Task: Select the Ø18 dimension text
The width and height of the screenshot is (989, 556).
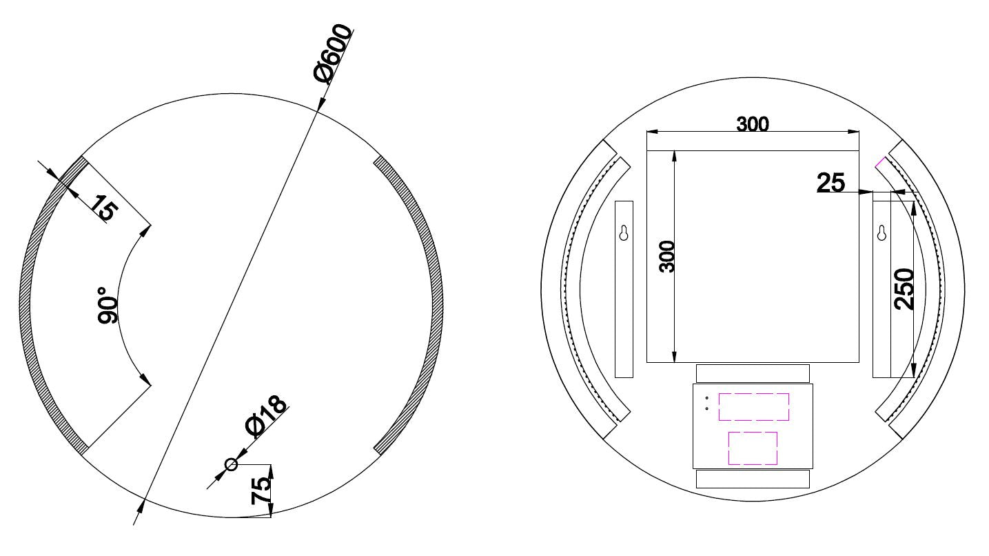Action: click(x=266, y=417)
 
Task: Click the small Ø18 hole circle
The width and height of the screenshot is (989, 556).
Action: click(x=232, y=464)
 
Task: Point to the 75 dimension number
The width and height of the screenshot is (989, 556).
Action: click(x=261, y=491)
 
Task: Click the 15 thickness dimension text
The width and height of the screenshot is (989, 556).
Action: click(x=103, y=208)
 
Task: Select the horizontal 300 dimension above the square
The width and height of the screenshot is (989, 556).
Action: click(x=753, y=124)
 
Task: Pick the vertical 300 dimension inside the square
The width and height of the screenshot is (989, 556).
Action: click(x=666, y=256)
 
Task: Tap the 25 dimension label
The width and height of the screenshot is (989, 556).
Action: click(x=830, y=183)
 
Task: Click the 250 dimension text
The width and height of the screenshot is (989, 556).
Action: click(x=904, y=289)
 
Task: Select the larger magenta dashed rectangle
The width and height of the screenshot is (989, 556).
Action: click(x=753, y=407)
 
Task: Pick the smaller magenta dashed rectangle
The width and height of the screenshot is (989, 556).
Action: click(x=753, y=448)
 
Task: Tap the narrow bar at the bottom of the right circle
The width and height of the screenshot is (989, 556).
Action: click(x=753, y=479)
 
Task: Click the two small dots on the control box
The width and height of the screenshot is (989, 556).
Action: click(x=706, y=403)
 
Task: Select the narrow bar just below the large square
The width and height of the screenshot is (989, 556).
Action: click(x=753, y=373)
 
